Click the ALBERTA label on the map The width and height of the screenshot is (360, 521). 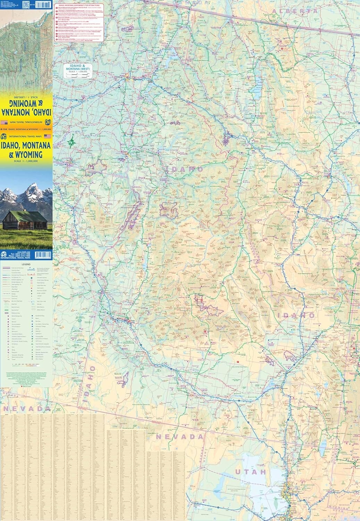coord(295,11)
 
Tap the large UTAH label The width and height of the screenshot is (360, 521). coord(250,472)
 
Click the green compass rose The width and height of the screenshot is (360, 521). coord(72,142)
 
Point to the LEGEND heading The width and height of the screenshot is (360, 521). coord(26,264)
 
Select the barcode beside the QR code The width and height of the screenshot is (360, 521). coord(43,5)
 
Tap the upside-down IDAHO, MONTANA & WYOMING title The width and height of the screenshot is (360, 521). coord(26,108)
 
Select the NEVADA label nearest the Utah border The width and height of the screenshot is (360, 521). coord(179,437)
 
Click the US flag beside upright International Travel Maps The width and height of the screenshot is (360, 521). coord(47,137)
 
